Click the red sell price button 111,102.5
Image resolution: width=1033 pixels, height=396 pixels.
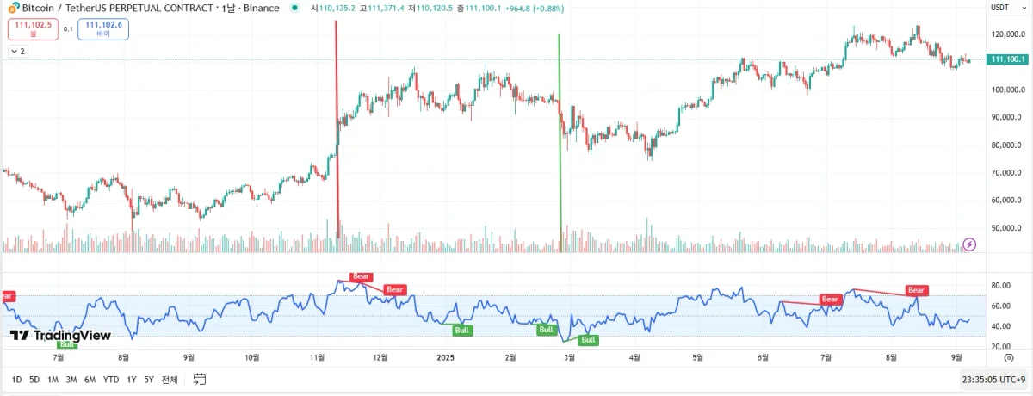pyautogui.click(x=33, y=29)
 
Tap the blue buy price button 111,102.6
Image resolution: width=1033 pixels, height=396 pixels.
pyautogui.click(x=103, y=29)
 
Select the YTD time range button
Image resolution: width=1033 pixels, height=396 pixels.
pyautogui.click(x=111, y=380)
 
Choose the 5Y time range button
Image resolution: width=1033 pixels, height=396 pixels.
pyautogui.click(x=149, y=380)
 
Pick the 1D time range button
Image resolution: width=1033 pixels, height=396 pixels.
pyautogui.click(x=16, y=380)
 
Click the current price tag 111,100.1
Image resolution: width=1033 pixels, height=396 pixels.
pyautogui.click(x=1007, y=59)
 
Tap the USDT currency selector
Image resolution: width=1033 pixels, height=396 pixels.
pyautogui.click(x=1000, y=8)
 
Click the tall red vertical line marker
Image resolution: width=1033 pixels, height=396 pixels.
pyautogui.click(x=337, y=129)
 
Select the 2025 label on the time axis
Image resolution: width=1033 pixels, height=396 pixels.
pyautogui.click(x=445, y=356)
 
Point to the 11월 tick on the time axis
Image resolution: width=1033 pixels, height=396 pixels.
pyautogui.click(x=316, y=356)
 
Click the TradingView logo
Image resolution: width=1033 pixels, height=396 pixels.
pyautogui.click(x=60, y=335)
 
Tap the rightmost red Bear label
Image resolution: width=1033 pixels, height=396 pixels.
pyautogui.click(x=917, y=290)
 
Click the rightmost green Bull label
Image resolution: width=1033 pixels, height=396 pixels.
pyautogui.click(x=588, y=340)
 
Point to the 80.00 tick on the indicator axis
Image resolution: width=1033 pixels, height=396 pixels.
pyautogui.click(x=999, y=286)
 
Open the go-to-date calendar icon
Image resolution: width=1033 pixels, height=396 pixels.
pyautogui.click(x=200, y=380)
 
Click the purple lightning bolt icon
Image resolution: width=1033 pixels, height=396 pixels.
pyautogui.click(x=970, y=244)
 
